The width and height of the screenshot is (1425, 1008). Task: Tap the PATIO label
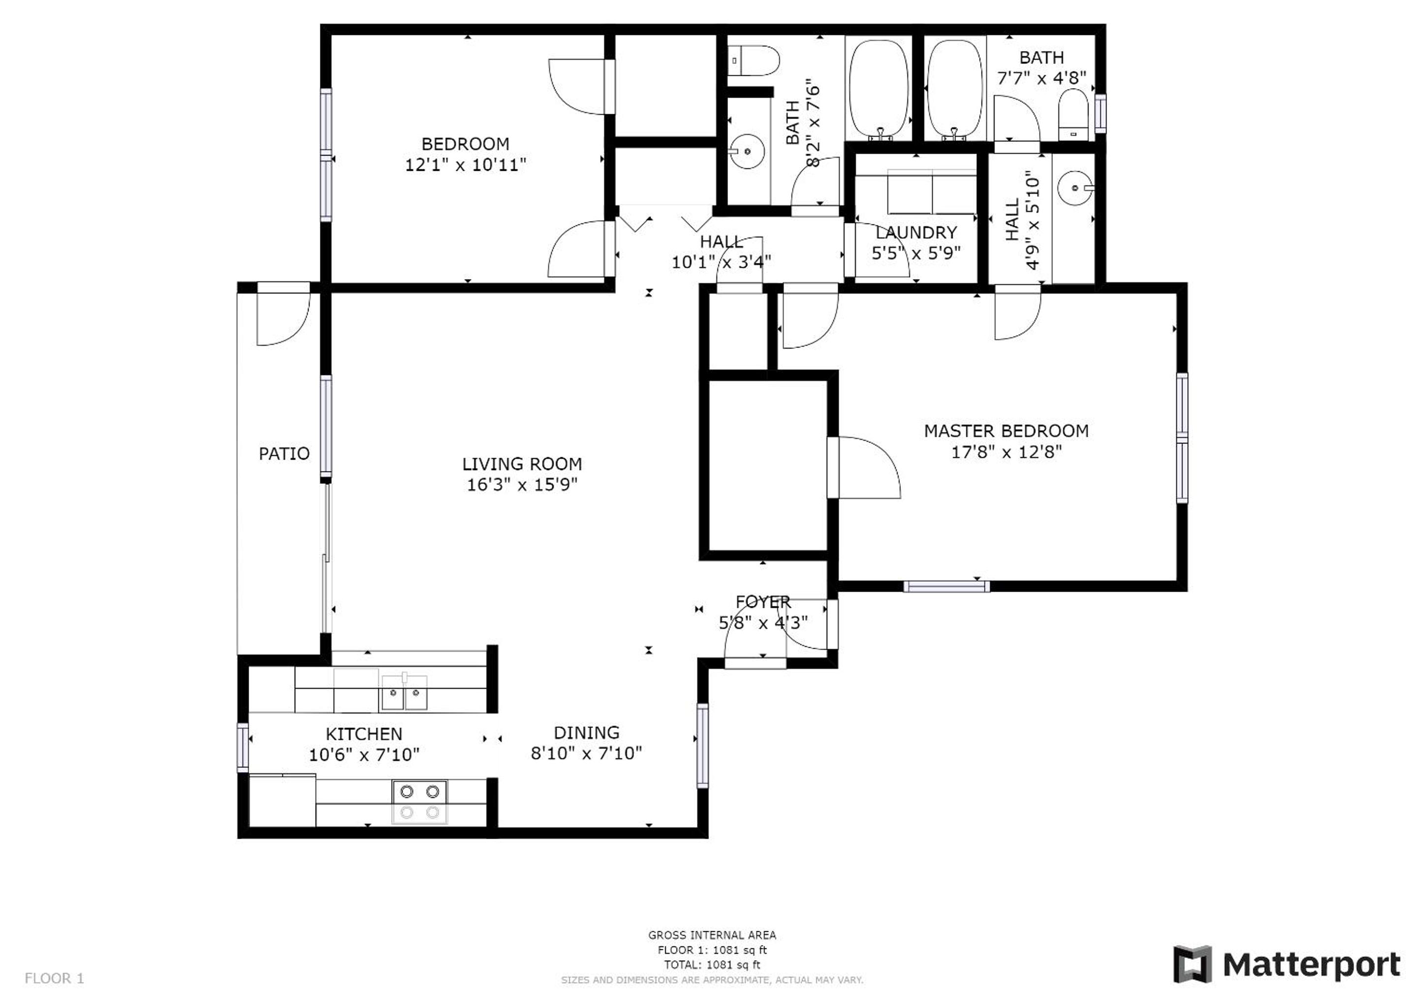point(284,454)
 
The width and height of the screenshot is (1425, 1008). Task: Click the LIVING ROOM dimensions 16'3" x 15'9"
point(522,485)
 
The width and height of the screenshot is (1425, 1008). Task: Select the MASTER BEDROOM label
point(1006,431)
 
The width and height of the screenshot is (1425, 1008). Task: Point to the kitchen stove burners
point(419,801)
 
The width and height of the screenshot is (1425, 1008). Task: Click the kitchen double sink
point(404,693)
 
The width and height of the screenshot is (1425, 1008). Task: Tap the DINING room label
point(587,732)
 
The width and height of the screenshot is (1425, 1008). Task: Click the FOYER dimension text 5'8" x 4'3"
point(763,622)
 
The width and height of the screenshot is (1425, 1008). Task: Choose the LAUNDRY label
point(916,233)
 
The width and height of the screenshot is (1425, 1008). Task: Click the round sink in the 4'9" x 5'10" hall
point(1075,188)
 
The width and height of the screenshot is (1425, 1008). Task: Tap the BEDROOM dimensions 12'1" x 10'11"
point(466,165)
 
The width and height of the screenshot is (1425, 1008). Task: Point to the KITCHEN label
point(364,734)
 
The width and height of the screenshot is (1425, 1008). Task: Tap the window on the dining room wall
point(702,746)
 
